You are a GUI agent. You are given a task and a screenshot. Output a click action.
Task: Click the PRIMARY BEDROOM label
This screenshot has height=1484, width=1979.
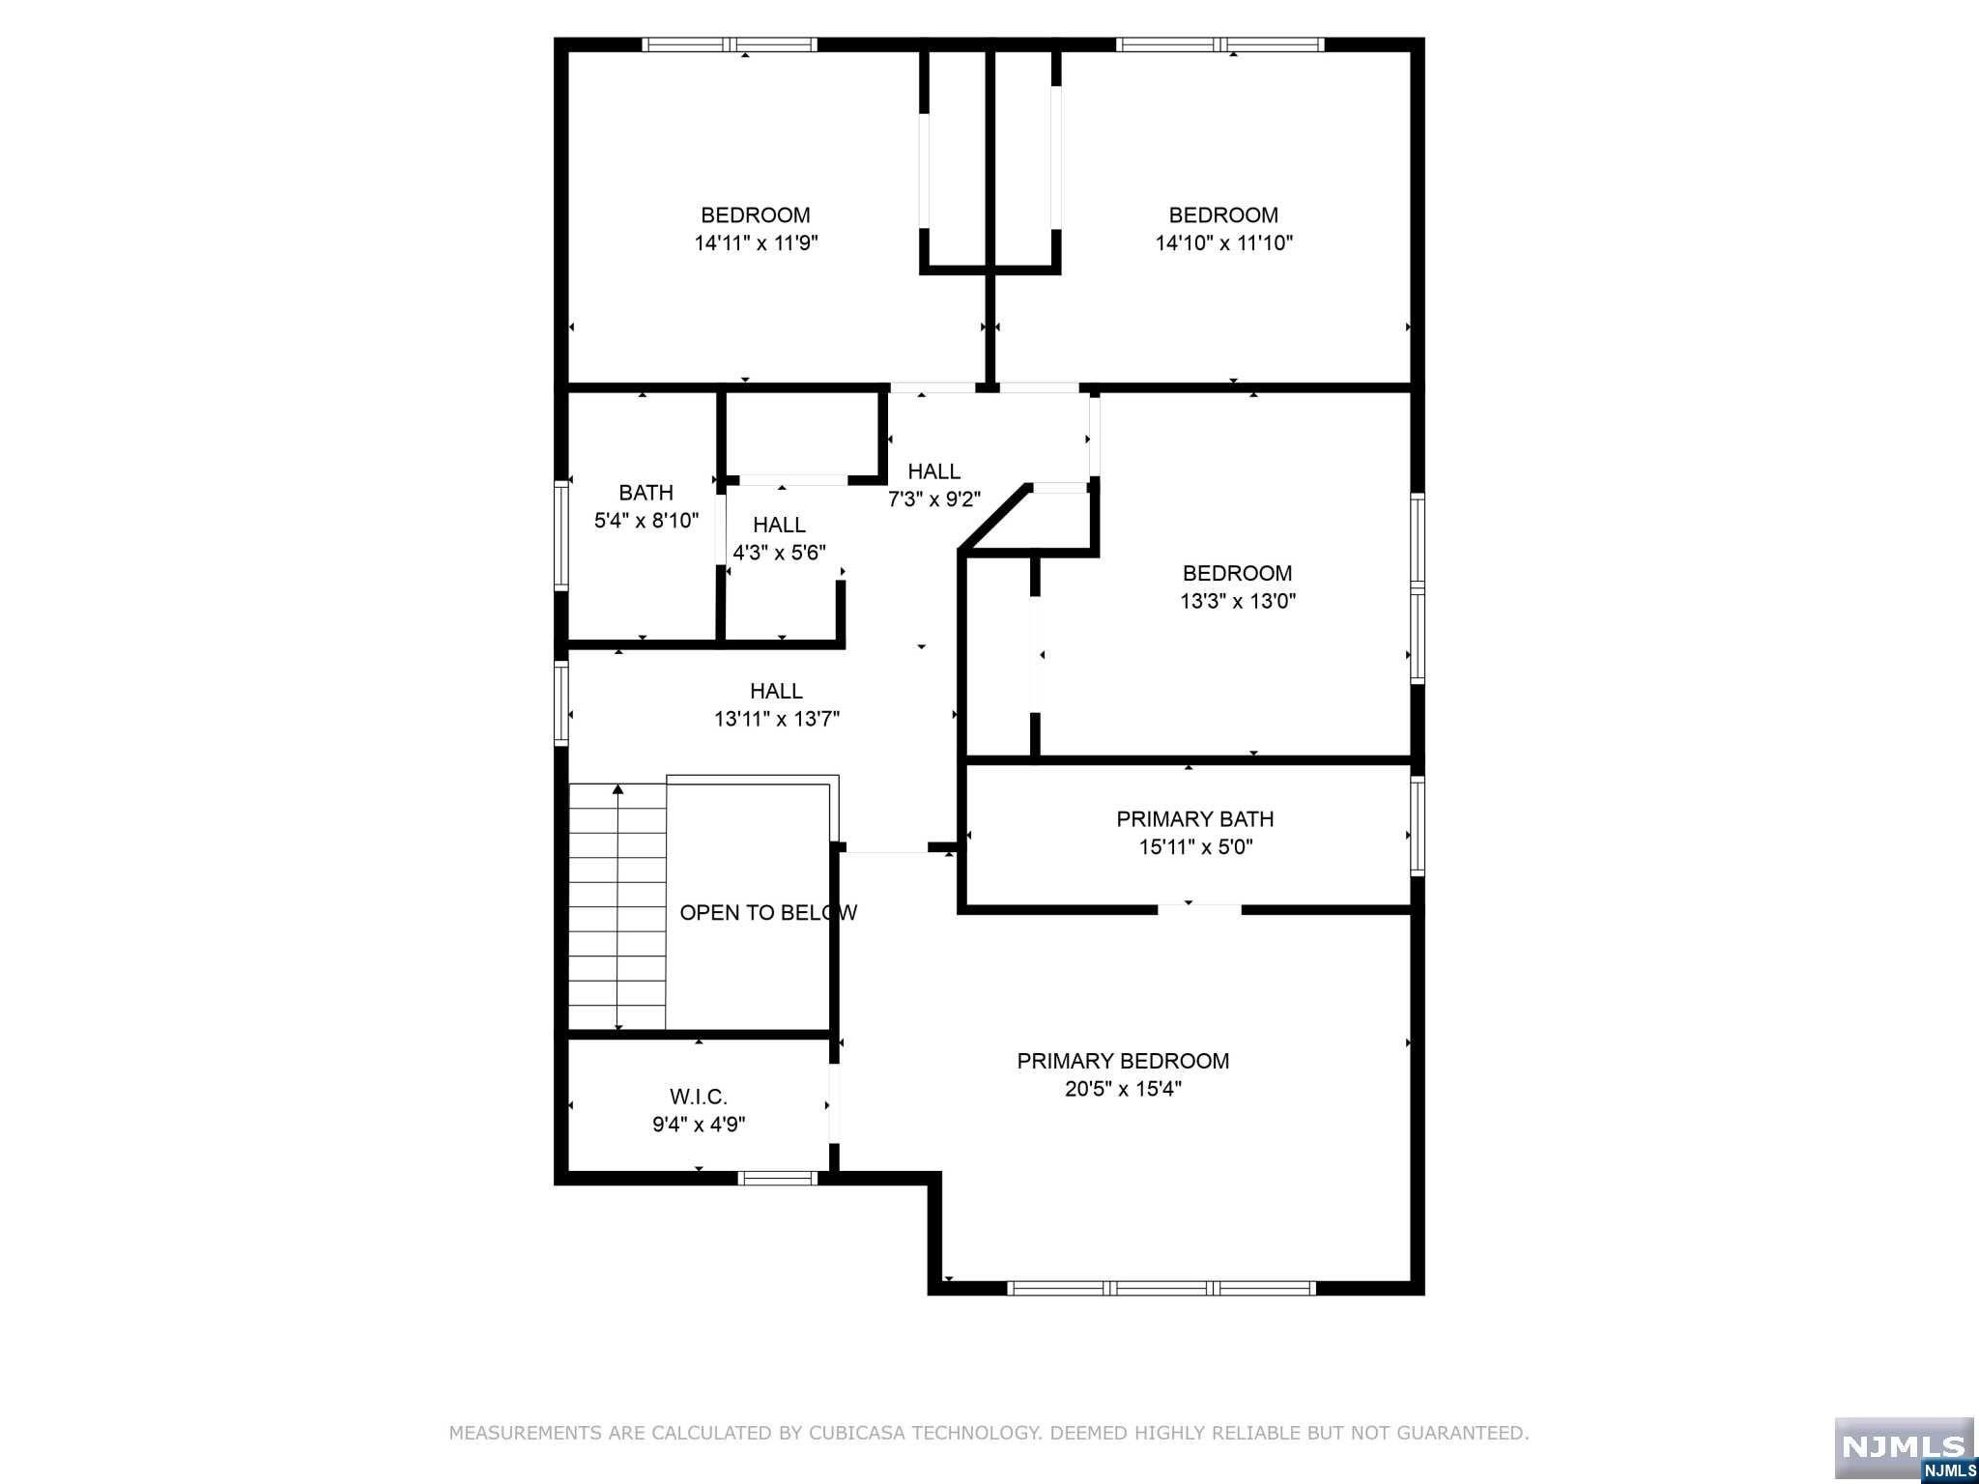1123,1061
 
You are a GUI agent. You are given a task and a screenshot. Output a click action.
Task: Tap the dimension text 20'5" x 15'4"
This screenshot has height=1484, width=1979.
1123,1089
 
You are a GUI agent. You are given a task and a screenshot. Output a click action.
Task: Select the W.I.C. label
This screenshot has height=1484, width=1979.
699,1097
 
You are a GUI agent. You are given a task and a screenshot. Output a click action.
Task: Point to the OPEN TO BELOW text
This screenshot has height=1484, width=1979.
768,913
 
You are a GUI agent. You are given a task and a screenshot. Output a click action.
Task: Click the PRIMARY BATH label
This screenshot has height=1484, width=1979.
1195,819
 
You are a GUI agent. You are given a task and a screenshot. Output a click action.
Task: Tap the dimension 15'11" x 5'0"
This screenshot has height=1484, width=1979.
1195,847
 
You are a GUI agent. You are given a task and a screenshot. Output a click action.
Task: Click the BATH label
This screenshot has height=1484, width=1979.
646,493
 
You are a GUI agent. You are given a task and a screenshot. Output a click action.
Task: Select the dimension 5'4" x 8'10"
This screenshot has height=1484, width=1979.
646,521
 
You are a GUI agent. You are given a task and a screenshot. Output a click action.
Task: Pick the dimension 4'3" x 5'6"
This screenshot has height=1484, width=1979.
780,554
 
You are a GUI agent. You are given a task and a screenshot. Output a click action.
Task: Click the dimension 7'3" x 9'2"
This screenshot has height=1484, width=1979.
934,499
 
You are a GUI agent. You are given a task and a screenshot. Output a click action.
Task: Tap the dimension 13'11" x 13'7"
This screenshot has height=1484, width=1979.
777,719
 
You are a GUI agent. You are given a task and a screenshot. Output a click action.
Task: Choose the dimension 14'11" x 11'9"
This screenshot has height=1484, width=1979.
756,243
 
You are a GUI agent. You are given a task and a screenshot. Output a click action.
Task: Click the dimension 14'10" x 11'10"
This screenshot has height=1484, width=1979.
1224,243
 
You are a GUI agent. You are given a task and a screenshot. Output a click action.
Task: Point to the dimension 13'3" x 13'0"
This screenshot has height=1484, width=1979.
1238,601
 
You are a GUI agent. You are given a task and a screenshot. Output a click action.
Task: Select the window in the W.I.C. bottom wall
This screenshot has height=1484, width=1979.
778,1178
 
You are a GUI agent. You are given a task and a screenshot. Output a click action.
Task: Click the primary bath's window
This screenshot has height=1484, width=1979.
1418,826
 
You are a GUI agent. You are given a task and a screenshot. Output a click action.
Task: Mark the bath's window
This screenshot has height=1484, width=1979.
560,535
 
